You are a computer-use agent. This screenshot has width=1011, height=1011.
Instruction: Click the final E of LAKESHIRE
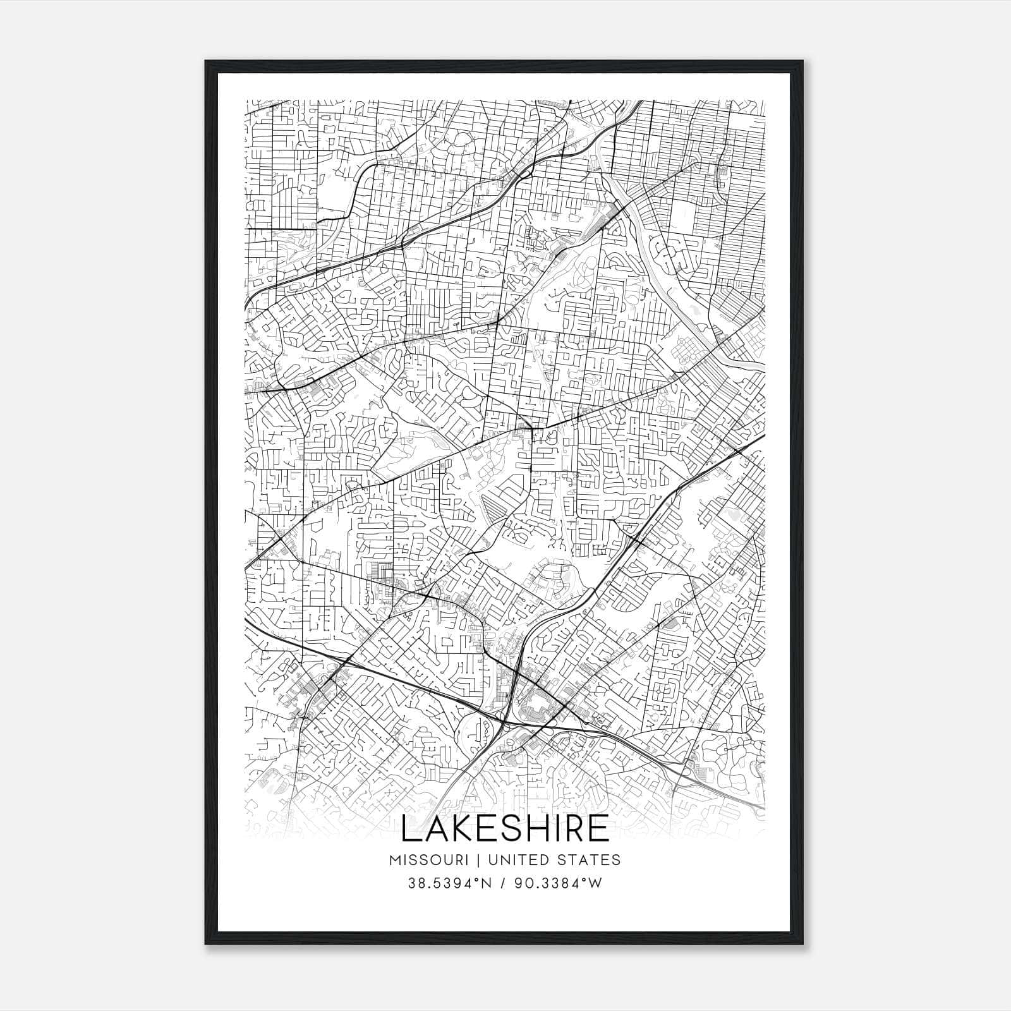tap(600, 830)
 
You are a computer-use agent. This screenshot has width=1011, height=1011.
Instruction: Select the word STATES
tap(591, 860)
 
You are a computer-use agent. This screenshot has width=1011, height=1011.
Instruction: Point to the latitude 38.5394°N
tap(450, 883)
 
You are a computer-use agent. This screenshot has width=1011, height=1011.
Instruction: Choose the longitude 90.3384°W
tap(558, 883)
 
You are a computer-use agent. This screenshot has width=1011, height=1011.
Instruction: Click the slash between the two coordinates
tap(504, 883)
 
